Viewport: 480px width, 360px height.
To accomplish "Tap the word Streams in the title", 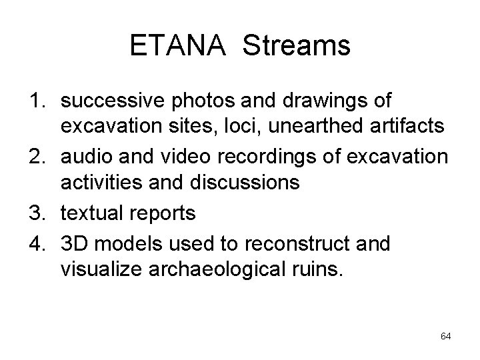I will tap(297, 46).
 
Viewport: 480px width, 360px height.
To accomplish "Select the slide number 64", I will tap(446, 337).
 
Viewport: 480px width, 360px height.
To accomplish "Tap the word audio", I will tap(86, 157).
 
